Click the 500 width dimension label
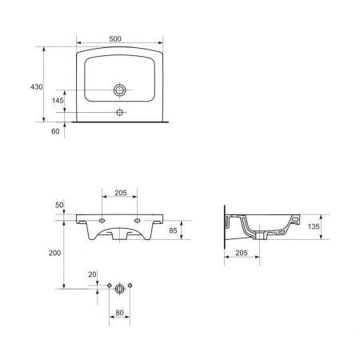(115, 39)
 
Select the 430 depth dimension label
(37, 87)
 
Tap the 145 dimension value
(58, 101)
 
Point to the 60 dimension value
(55, 131)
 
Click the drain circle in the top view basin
(120, 90)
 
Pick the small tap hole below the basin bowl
(120, 112)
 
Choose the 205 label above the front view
(121, 193)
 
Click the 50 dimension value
(59, 205)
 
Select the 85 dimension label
(173, 230)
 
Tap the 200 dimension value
(54, 253)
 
